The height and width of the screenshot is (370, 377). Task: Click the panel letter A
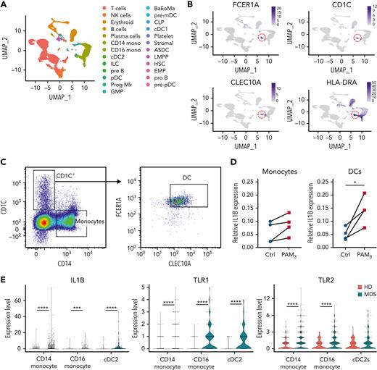(5, 5)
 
